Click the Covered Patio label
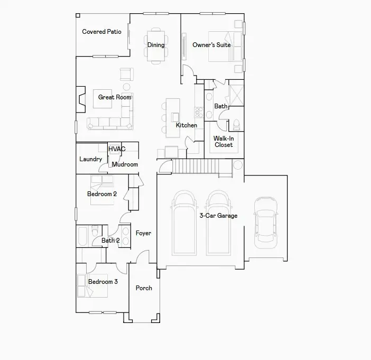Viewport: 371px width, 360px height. pyautogui.click(x=101, y=32)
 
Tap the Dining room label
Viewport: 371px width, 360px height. pyautogui.click(x=155, y=45)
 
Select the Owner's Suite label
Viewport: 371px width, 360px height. pyautogui.click(x=211, y=45)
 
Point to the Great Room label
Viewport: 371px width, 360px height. pyautogui.click(x=115, y=97)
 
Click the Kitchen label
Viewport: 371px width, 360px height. pyautogui.click(x=186, y=125)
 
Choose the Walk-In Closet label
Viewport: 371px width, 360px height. pyautogui.click(x=224, y=142)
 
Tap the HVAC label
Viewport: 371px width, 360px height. pyautogui.click(x=117, y=149)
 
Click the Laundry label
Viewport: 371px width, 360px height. pyautogui.click(x=90, y=159)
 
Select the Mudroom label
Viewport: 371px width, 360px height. pyautogui.click(x=125, y=164)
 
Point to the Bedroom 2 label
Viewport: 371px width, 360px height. pyautogui.click(x=102, y=194)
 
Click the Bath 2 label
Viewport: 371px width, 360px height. pyautogui.click(x=110, y=241)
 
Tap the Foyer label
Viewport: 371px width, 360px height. pyautogui.click(x=143, y=233)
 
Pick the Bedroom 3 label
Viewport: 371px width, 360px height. pyautogui.click(x=103, y=282)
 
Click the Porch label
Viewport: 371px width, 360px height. pyautogui.click(x=144, y=288)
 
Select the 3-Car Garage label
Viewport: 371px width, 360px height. pyautogui.click(x=218, y=216)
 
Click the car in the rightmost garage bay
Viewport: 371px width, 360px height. pyautogui.click(x=265, y=222)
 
